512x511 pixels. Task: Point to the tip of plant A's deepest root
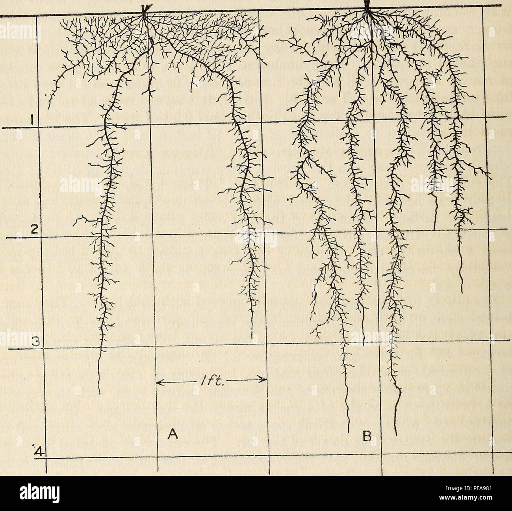tap(100, 393)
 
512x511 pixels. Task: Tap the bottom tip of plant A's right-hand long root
tap(251, 337)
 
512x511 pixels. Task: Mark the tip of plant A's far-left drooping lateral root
tap(49, 108)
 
